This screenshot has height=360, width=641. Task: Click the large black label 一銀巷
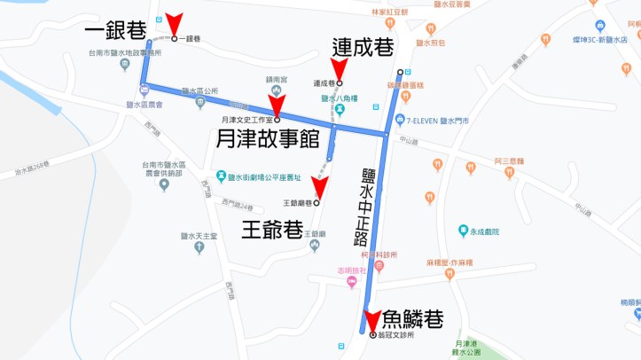[115, 33]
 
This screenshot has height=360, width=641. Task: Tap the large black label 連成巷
[363, 46]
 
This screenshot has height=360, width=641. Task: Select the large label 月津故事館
[268, 138]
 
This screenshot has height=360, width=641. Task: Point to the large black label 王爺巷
[273, 230]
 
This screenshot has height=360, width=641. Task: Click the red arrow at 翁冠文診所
[372, 322]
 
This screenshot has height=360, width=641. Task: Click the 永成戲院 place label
[485, 231]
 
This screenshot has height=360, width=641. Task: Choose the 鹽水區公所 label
[199, 90]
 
